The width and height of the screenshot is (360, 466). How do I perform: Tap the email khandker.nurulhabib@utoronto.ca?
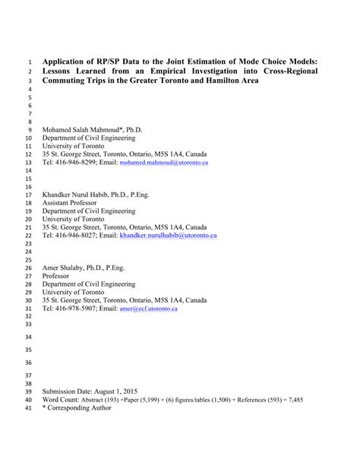coord(168,236)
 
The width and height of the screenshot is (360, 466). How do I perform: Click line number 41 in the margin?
coord(29,408)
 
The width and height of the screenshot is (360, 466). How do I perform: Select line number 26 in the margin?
coord(29,268)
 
